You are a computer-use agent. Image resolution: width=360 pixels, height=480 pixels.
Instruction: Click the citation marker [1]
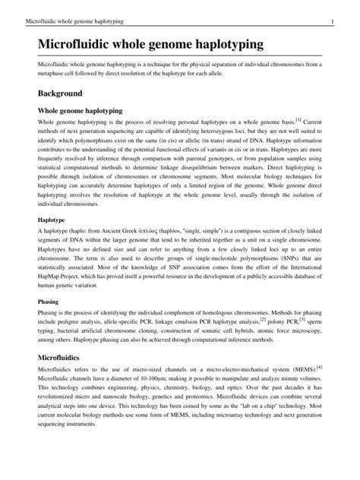coord(299,118)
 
